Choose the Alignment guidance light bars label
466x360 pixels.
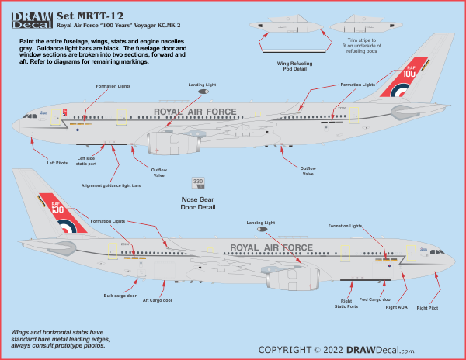(x=110, y=186)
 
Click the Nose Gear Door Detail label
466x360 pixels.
(x=197, y=203)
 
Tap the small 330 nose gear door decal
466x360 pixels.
(x=198, y=182)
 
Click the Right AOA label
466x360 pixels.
(x=396, y=307)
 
